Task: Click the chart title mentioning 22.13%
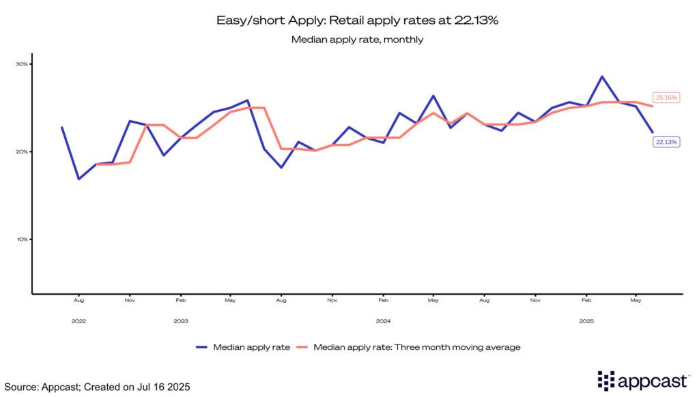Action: pyautogui.click(x=358, y=20)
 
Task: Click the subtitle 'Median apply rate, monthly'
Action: pyautogui.click(x=358, y=40)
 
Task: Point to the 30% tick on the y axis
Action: pyautogui.click(x=22, y=64)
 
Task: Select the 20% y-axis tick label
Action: pyautogui.click(x=22, y=151)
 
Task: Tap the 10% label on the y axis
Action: pyautogui.click(x=22, y=239)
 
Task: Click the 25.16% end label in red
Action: pyautogui.click(x=666, y=98)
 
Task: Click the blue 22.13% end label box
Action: pyautogui.click(x=666, y=141)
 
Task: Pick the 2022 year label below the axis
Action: pyautogui.click(x=79, y=320)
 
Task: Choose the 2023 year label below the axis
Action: pyautogui.click(x=181, y=320)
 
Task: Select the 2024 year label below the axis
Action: pyautogui.click(x=383, y=320)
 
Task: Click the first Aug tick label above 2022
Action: pyautogui.click(x=79, y=300)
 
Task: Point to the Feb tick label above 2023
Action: pyautogui.click(x=181, y=300)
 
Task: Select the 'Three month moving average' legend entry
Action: pyautogui.click(x=416, y=347)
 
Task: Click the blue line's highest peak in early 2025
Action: pyautogui.click(x=602, y=76)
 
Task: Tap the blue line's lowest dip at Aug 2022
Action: pyautogui.click(x=79, y=179)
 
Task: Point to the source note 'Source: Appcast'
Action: pyautogui.click(x=96, y=387)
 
